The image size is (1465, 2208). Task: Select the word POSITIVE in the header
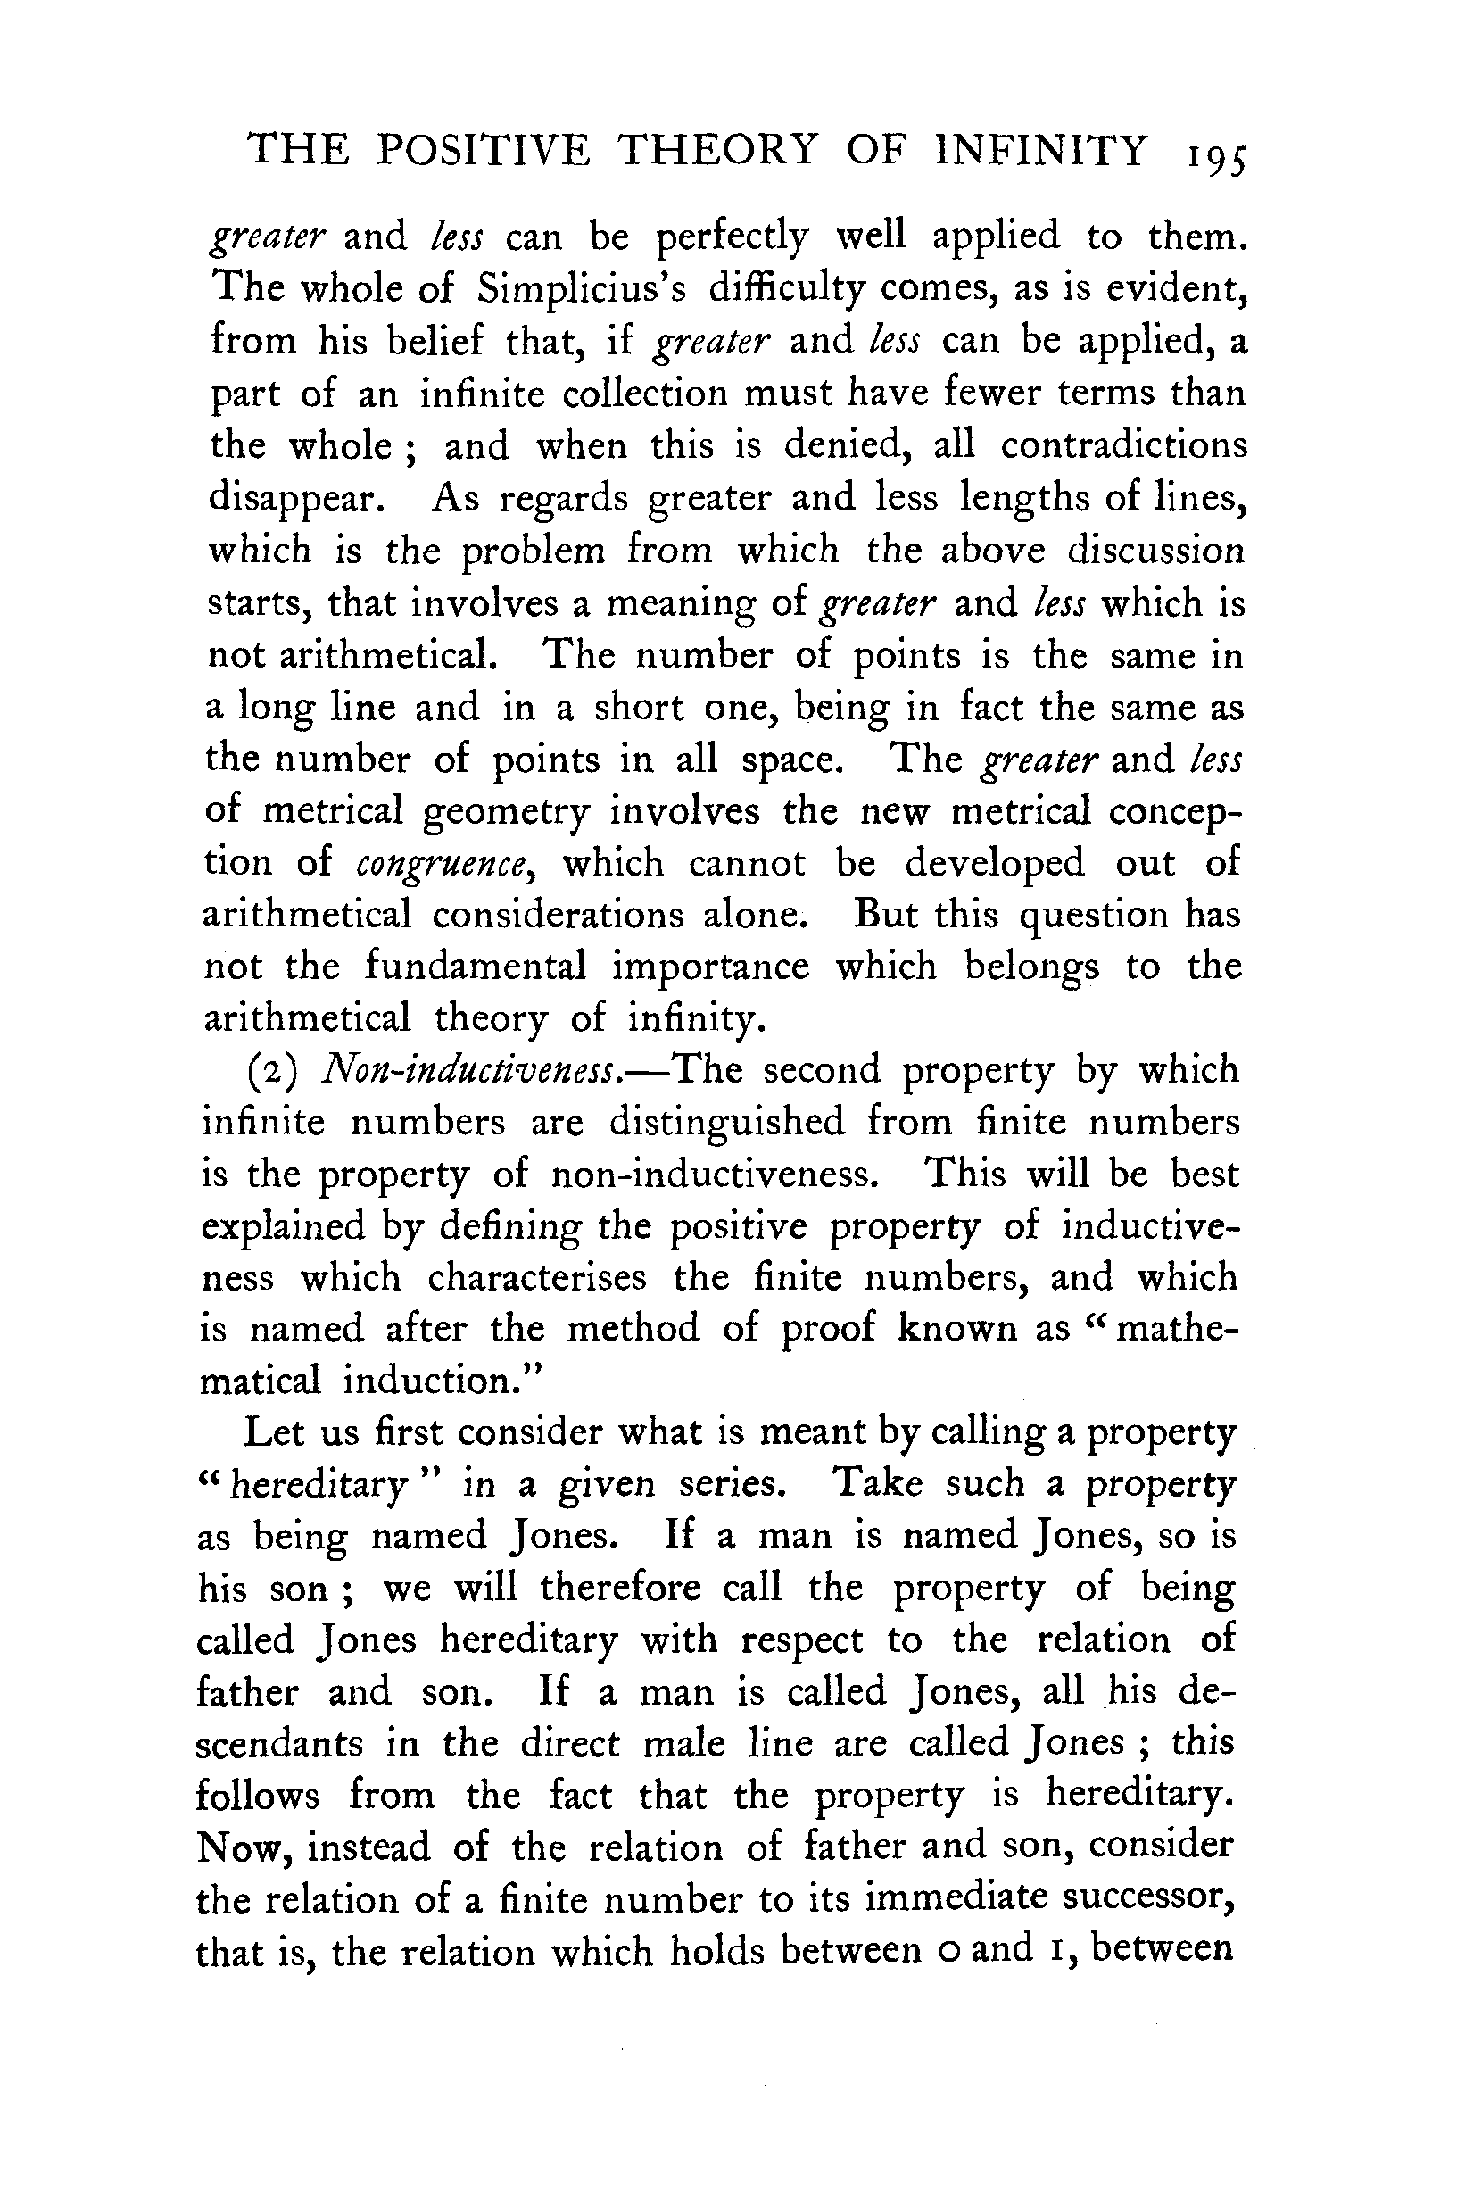[483, 152]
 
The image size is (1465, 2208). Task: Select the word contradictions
[1124, 445]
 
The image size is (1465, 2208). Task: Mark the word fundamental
[475, 967]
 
